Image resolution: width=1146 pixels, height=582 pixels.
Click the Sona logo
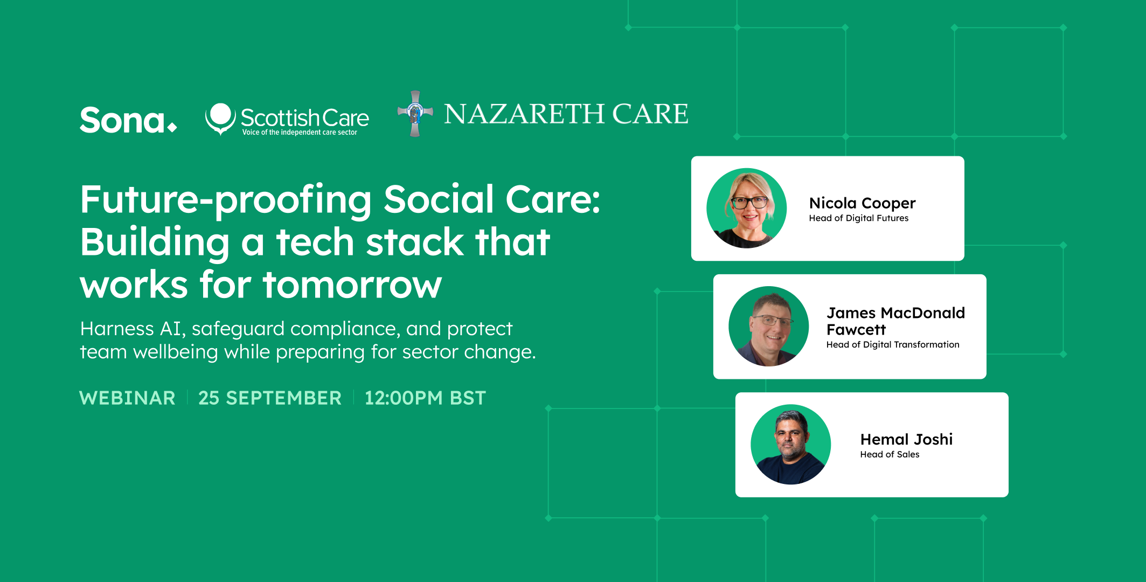(128, 120)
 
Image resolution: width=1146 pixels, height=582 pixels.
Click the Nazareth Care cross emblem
(415, 114)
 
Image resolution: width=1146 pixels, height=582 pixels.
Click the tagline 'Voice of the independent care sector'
(300, 133)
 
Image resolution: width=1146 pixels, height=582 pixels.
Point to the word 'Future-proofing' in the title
(225, 200)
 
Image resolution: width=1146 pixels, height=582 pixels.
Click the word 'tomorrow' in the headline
(352, 285)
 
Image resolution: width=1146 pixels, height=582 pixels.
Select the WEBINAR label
(127, 398)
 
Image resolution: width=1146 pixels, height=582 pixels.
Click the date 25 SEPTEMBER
(269, 398)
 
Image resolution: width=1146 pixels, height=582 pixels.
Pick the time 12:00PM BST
(425, 398)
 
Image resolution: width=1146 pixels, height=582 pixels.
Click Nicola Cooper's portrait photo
(746, 208)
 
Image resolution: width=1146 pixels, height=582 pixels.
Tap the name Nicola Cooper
(862, 203)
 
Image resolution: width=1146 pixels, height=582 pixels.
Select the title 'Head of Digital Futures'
(858, 218)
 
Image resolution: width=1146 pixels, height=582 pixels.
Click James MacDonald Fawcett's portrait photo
(768, 326)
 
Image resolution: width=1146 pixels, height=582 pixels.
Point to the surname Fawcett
(856, 329)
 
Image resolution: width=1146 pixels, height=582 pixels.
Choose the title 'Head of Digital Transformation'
(893, 345)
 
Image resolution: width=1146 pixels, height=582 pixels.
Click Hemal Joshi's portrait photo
(790, 444)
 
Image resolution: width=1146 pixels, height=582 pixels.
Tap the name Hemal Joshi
(906, 439)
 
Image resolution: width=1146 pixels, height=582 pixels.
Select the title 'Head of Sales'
(890, 455)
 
